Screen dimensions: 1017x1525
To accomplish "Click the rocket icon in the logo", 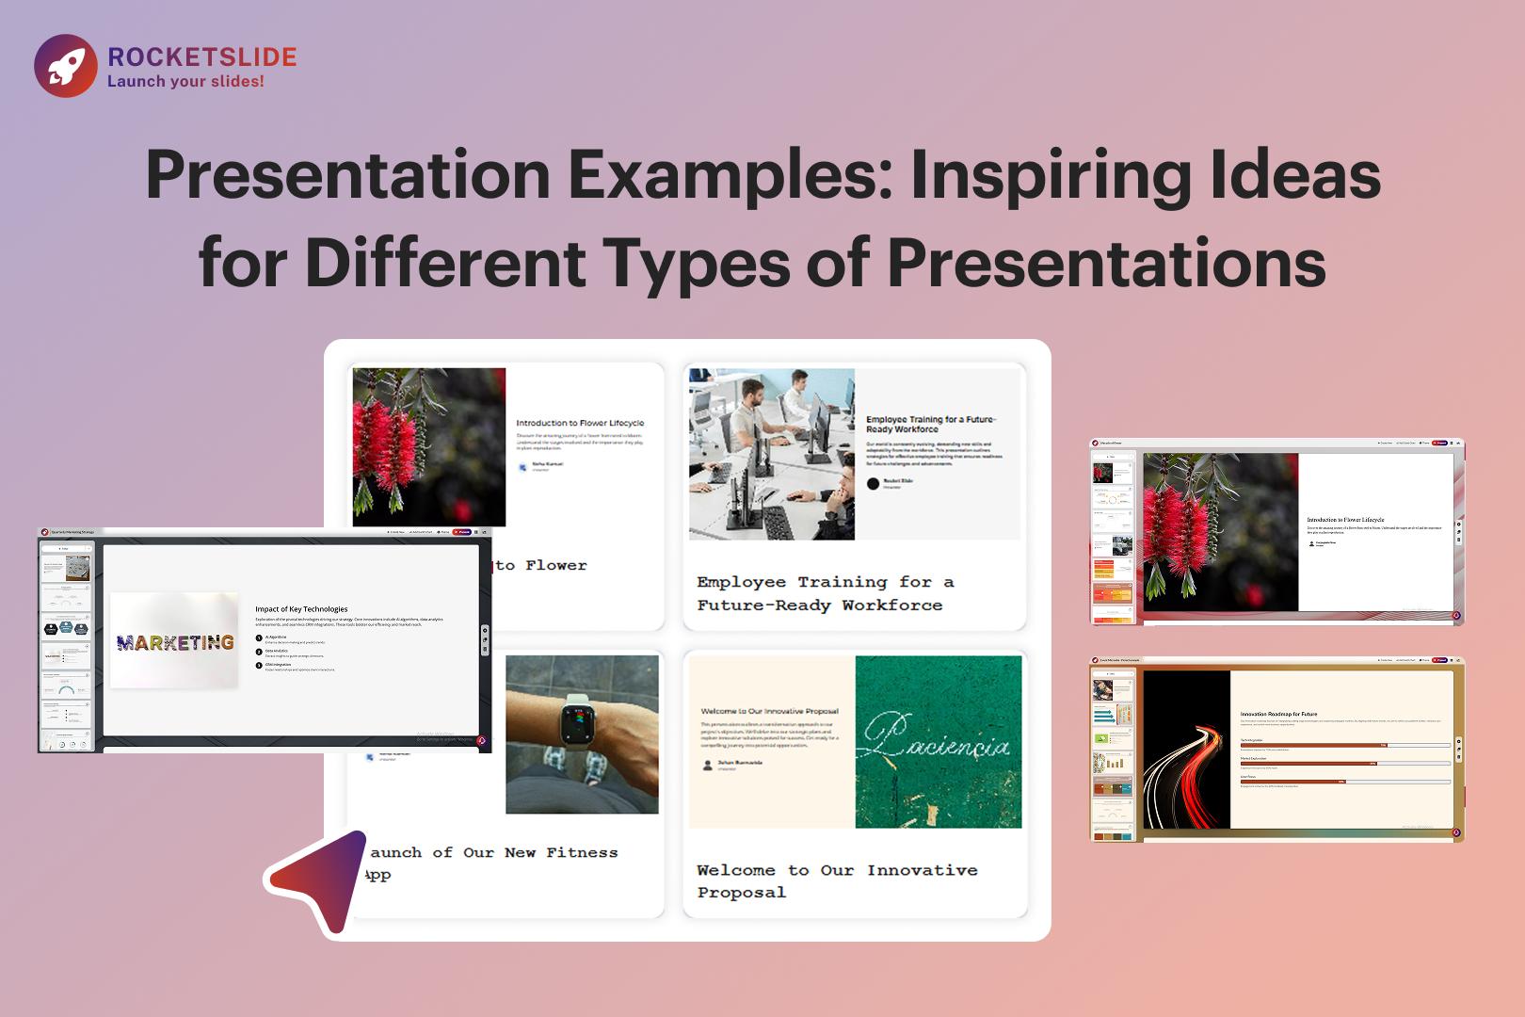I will [66, 66].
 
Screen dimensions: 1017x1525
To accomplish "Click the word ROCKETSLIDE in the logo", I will [202, 57].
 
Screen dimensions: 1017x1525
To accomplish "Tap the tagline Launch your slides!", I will [185, 82].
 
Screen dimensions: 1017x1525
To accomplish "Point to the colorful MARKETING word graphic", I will [175, 642].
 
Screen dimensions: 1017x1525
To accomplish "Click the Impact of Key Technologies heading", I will [301, 609].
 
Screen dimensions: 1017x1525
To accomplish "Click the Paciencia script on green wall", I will [938, 739].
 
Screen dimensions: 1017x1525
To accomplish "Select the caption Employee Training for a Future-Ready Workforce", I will [825, 593].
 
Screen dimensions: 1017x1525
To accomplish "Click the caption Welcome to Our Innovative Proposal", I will [836, 880].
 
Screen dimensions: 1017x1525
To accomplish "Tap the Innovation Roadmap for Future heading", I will [1278, 714].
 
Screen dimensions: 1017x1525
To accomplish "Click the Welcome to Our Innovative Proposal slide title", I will [769, 711].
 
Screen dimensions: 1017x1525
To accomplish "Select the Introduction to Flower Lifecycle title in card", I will [580, 423].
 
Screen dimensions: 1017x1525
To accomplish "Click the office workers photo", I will [771, 454].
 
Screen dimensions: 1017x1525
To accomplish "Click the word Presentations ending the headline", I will [1106, 263].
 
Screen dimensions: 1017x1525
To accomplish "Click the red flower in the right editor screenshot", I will [1177, 537].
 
